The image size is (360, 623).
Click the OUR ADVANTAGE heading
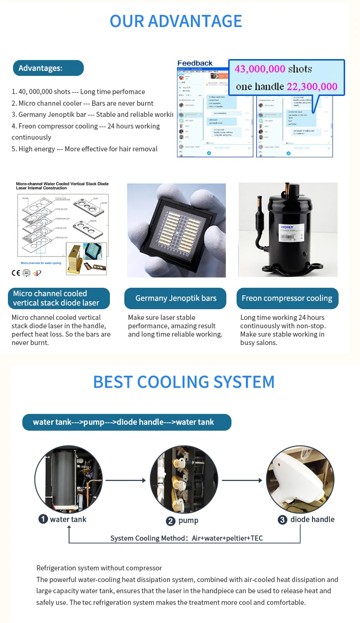(176, 21)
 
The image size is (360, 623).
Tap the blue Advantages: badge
(48, 68)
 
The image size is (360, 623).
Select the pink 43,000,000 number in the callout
(260, 69)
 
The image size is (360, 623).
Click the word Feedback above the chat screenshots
(195, 63)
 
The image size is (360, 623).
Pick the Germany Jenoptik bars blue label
(176, 298)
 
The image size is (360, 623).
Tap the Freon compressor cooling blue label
(287, 298)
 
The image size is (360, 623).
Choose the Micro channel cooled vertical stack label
(59, 298)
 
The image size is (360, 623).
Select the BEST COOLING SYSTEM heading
(183, 382)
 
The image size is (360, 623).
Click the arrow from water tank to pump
(126, 480)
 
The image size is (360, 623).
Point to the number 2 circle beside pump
(171, 521)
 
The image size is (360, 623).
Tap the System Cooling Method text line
(186, 538)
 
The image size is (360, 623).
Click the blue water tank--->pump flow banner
(127, 422)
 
